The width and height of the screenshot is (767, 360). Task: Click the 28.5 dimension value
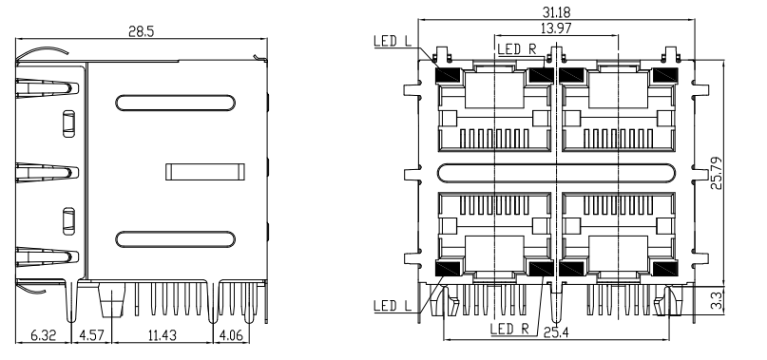142,31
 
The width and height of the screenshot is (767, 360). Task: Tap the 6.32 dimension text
44,335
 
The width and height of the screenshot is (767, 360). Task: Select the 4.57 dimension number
91,335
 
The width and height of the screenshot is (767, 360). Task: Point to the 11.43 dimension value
162,335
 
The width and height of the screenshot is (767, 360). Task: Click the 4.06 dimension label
231,335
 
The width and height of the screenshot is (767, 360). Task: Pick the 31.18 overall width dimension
556,11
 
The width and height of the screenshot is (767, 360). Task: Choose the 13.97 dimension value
556,28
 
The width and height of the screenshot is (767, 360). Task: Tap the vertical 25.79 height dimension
717,173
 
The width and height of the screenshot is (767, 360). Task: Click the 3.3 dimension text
717,301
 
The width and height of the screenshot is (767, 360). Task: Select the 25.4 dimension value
556,333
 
